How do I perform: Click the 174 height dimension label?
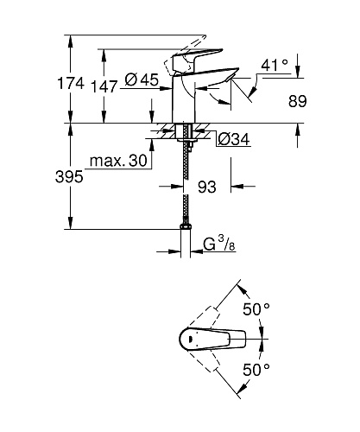(71, 83)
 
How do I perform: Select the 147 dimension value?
(104, 86)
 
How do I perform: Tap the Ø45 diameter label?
(142, 79)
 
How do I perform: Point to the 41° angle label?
(275, 65)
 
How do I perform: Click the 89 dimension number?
(298, 101)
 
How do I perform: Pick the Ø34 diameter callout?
(234, 140)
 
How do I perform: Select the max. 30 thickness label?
(118, 161)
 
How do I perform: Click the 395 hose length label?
(69, 176)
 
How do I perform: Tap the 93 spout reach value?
(207, 187)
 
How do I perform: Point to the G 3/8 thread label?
(219, 245)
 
